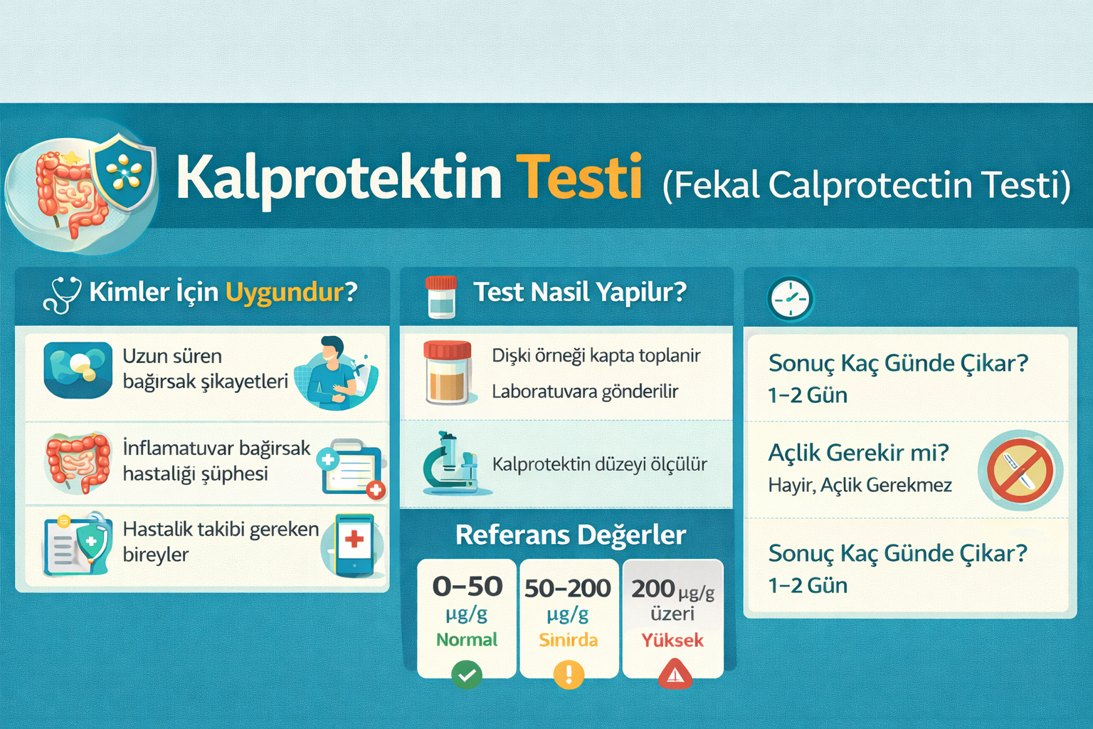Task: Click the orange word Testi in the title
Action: (x=579, y=177)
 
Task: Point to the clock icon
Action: (x=790, y=299)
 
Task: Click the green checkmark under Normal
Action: (x=466, y=674)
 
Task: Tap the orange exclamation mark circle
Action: (x=569, y=674)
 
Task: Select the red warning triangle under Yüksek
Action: (x=675, y=673)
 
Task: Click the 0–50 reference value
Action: (x=468, y=587)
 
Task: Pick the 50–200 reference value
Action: (x=568, y=588)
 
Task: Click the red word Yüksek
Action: (x=672, y=641)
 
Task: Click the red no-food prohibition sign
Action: (x=1020, y=471)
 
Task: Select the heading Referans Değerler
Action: (x=571, y=535)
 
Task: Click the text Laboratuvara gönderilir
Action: (x=585, y=392)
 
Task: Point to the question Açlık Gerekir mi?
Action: (x=859, y=453)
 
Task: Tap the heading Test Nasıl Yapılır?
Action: (x=580, y=292)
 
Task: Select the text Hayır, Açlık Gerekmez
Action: (x=860, y=486)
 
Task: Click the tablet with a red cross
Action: (x=354, y=545)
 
